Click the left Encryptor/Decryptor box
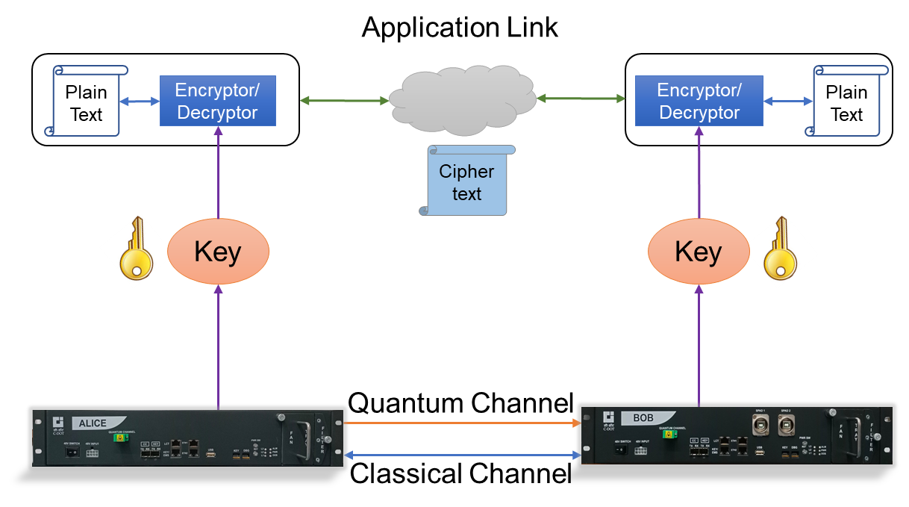pyautogui.click(x=218, y=102)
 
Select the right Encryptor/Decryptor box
pyautogui.click(x=699, y=102)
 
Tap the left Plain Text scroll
pyautogui.click(x=87, y=102)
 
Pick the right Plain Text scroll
pyautogui.click(x=847, y=102)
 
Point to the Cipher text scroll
pyautogui.click(x=467, y=181)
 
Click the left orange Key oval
pyautogui.click(x=218, y=252)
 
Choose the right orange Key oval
pyautogui.click(x=699, y=252)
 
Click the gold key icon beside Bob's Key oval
pyautogui.click(x=781, y=251)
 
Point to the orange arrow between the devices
pyautogui.click(x=463, y=423)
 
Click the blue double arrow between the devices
pyautogui.click(x=463, y=453)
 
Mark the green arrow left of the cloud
pyautogui.click(x=343, y=100)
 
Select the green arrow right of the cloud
pyautogui.click(x=581, y=98)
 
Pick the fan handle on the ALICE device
pyautogui.click(x=304, y=441)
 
